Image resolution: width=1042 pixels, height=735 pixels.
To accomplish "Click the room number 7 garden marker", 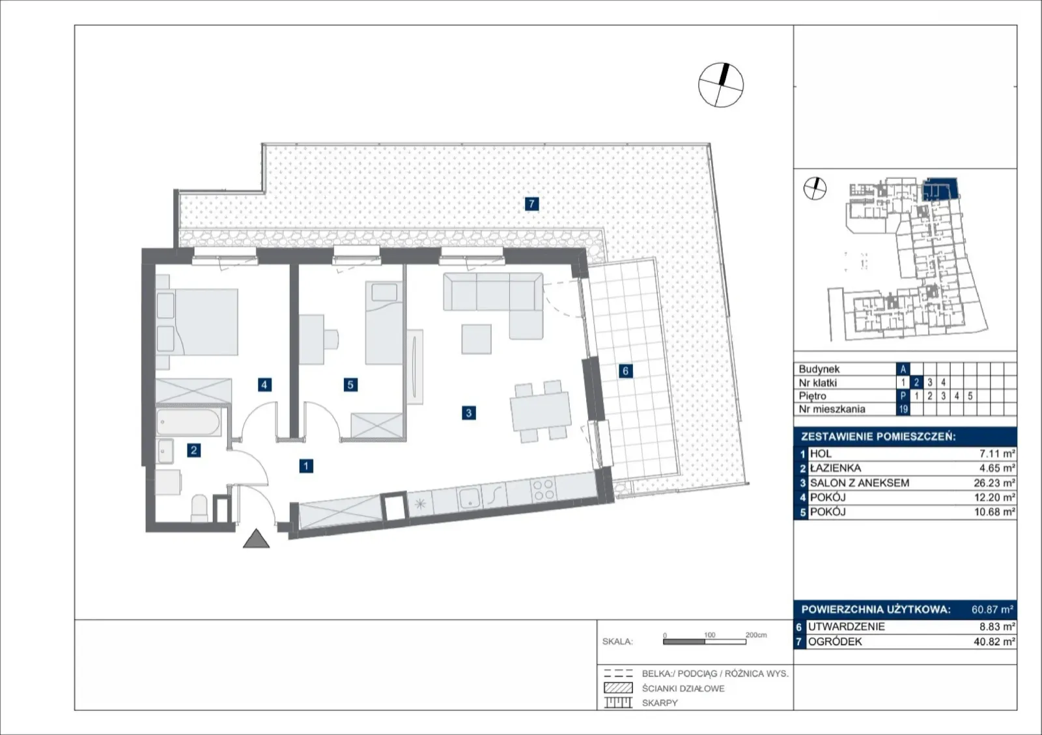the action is (x=531, y=204).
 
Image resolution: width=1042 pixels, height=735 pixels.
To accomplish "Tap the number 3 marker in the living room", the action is (x=468, y=413).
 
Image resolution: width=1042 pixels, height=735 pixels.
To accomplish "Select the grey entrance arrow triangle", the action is (x=257, y=538).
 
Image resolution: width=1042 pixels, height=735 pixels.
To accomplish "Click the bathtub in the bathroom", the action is (x=188, y=423).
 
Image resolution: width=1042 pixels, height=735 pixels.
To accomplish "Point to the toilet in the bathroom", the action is (x=199, y=508).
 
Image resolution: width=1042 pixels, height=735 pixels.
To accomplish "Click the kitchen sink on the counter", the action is (x=470, y=497).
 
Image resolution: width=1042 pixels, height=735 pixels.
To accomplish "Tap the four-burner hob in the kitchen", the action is (x=543, y=489).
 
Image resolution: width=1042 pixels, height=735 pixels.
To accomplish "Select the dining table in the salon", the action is (x=541, y=411).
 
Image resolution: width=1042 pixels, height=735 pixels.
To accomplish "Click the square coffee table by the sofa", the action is (x=476, y=339).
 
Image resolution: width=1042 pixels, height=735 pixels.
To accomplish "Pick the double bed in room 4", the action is (x=197, y=322).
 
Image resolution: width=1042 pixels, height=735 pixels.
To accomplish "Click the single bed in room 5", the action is (x=384, y=323).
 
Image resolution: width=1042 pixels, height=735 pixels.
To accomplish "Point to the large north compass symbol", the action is (x=721, y=85).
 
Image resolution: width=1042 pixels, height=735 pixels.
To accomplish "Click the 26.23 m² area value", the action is (x=994, y=483).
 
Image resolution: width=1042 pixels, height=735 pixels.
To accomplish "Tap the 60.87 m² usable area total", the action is (x=993, y=609).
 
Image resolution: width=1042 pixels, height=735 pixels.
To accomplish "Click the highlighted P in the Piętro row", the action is (x=903, y=396).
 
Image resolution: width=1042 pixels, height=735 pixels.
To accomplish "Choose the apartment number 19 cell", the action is (x=903, y=409).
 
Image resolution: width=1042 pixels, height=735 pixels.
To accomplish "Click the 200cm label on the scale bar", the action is (x=756, y=635).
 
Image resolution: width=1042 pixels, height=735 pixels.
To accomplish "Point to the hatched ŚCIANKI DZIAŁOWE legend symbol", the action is (x=618, y=688).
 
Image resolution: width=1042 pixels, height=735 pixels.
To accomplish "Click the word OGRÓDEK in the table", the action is (x=835, y=642).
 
